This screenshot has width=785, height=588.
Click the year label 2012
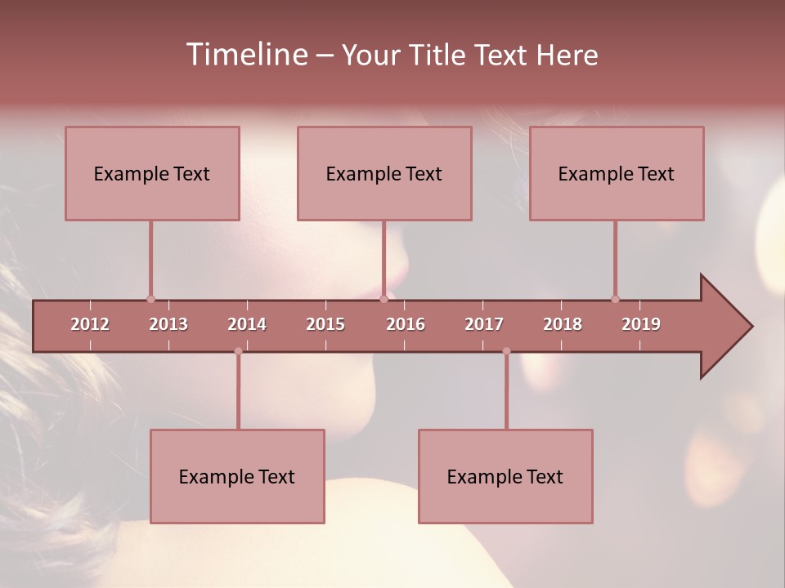click(x=90, y=324)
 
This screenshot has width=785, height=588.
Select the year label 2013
click(x=168, y=324)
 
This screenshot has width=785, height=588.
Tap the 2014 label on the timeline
click(x=247, y=324)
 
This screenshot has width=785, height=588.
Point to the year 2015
click(x=325, y=324)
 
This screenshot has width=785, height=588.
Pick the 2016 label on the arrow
click(x=406, y=324)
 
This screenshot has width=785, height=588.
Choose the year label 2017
click(x=484, y=324)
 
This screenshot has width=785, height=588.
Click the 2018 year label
click(x=563, y=324)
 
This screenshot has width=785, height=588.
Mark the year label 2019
click(x=641, y=324)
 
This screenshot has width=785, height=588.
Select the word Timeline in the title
click(x=246, y=55)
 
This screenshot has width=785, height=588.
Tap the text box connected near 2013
click(x=152, y=173)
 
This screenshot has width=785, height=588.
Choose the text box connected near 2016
click(x=384, y=173)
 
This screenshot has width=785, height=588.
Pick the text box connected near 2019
click(x=617, y=173)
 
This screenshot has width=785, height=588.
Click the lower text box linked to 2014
click(x=237, y=476)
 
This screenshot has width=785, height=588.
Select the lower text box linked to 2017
click(x=505, y=476)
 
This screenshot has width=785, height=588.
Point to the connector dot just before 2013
click(x=150, y=299)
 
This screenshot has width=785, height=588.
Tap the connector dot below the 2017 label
click(x=506, y=351)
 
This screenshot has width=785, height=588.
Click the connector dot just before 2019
click(x=615, y=299)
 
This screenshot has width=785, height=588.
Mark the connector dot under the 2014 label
click(x=238, y=351)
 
